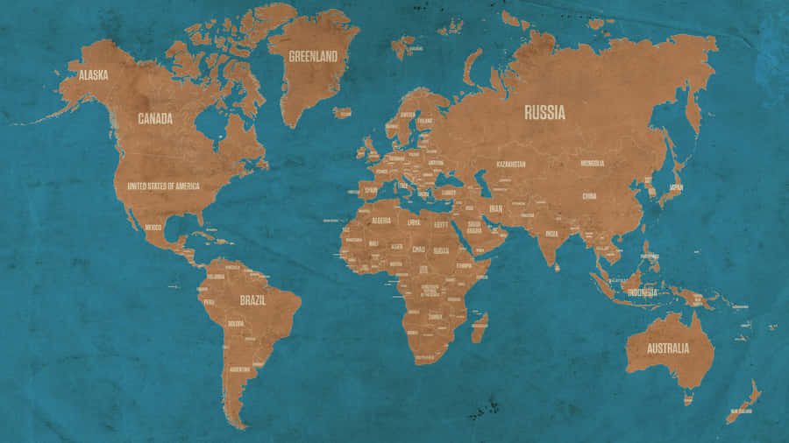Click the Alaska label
pyautogui.click(x=93, y=75)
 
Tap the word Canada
pyautogui.click(x=155, y=118)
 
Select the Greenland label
pyautogui.click(x=313, y=56)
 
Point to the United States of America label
pyautogui.click(x=163, y=186)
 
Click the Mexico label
pyautogui.click(x=153, y=227)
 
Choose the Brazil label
pyautogui.click(x=252, y=299)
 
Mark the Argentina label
pyautogui.click(x=238, y=369)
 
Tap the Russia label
pyautogui.click(x=544, y=112)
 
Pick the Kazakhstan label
pyautogui.click(x=511, y=164)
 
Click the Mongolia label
pyautogui.click(x=593, y=163)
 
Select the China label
pyautogui.click(x=589, y=196)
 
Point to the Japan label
pyautogui.click(x=676, y=186)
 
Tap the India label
pyautogui.click(x=551, y=234)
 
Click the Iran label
pyautogui.click(x=495, y=208)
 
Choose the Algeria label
pyautogui.click(x=381, y=221)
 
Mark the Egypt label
pyautogui.click(x=442, y=224)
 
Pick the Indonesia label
pyautogui.click(x=642, y=292)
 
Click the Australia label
pyautogui.click(x=668, y=348)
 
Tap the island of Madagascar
pyautogui.click(x=480, y=328)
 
